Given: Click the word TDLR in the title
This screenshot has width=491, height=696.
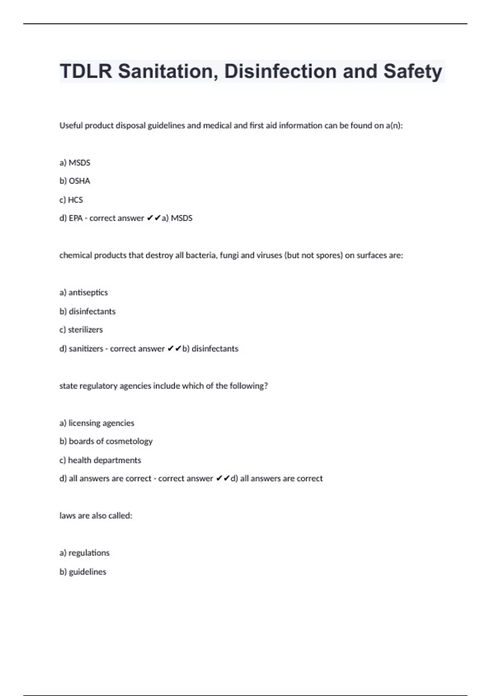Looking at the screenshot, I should (86, 71).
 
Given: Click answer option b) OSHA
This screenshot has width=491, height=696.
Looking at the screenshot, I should (75, 181).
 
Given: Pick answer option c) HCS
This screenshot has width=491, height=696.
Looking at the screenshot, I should (71, 200).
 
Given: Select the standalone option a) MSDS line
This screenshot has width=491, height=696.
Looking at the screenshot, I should (75, 163).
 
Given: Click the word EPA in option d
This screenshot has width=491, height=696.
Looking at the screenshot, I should (76, 218).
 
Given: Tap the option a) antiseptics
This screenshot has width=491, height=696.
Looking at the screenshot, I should (83, 292).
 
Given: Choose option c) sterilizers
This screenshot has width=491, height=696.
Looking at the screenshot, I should (81, 330).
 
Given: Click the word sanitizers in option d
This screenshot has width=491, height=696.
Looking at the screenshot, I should (86, 349).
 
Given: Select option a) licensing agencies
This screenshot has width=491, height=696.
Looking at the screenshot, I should (97, 423).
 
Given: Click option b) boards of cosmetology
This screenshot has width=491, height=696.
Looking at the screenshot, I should (106, 441).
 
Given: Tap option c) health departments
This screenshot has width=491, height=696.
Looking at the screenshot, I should (100, 460).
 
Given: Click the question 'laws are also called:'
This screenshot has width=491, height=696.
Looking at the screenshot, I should (96, 515).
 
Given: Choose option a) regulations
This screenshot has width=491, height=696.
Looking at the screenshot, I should (84, 553).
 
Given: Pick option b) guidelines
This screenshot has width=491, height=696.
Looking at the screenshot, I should (83, 572).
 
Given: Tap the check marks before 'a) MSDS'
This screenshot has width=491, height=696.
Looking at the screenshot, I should (153, 218).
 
